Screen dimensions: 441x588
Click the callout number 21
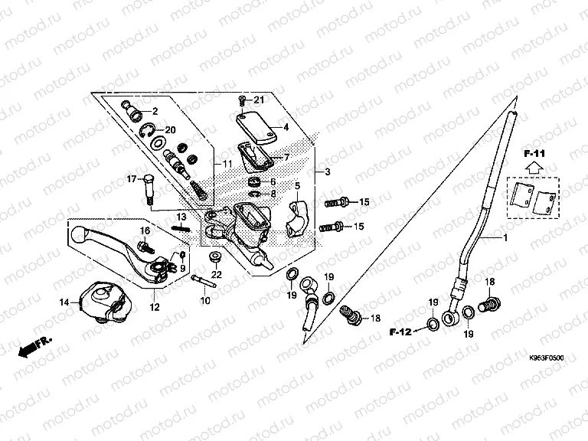259,100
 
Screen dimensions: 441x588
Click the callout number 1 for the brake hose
505,240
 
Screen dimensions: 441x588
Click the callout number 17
131,179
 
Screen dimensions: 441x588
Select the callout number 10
205,301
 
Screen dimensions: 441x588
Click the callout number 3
327,171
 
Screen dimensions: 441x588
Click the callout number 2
155,112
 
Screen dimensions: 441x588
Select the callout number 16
145,230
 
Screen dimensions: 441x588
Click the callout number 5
296,185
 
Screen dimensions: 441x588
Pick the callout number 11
227,165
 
